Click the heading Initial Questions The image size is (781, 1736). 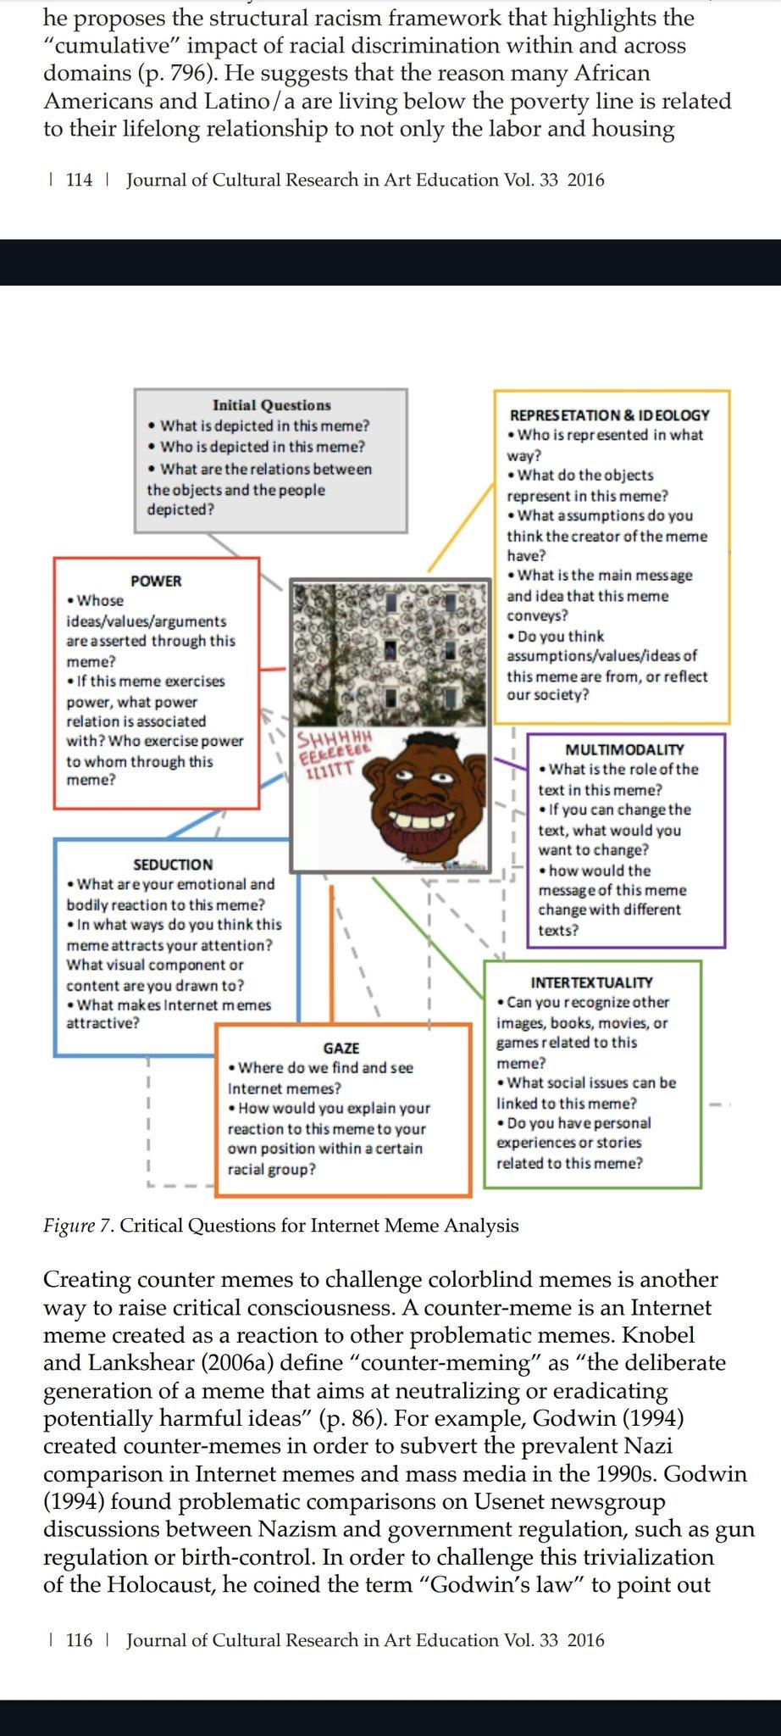pos(271,405)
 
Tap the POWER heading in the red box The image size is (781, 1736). pos(156,581)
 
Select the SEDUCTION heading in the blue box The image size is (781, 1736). pos(173,864)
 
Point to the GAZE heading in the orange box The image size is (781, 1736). pos(341,1048)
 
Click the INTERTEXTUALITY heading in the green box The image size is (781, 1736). pos(591,982)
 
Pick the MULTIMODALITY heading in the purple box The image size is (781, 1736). pos(624,749)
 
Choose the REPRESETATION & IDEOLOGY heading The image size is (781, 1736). pos(609,415)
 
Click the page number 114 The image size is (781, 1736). pos(79,180)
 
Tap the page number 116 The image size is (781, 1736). pos(79,1640)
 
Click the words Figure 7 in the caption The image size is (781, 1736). pos(77,1226)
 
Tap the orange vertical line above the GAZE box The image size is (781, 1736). pos(331,949)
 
